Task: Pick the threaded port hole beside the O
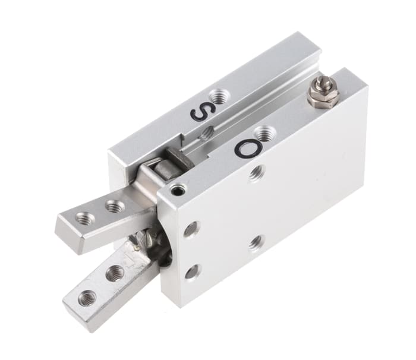pyautogui.click(x=262, y=134)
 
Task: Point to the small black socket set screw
pyautogui.click(x=178, y=190)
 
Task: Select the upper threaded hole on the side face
pyautogui.click(x=257, y=173)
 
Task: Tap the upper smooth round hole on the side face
pyautogui.click(x=191, y=229)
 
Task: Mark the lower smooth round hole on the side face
pyautogui.click(x=192, y=272)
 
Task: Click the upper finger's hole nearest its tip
pyautogui.click(x=85, y=219)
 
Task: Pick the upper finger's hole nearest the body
pyautogui.click(x=115, y=207)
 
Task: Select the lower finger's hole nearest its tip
pyautogui.click(x=87, y=297)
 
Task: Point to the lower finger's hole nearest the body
pyautogui.click(x=115, y=273)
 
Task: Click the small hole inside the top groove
pyautogui.click(x=206, y=135)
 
